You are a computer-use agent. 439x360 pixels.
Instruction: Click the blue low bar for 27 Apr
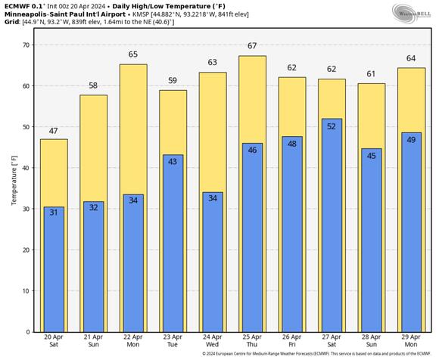[x=332, y=227]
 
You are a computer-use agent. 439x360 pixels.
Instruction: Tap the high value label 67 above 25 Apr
[x=253, y=46]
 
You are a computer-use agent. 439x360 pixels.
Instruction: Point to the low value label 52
[x=332, y=126]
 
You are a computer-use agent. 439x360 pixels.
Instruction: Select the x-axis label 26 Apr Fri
[x=292, y=342]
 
